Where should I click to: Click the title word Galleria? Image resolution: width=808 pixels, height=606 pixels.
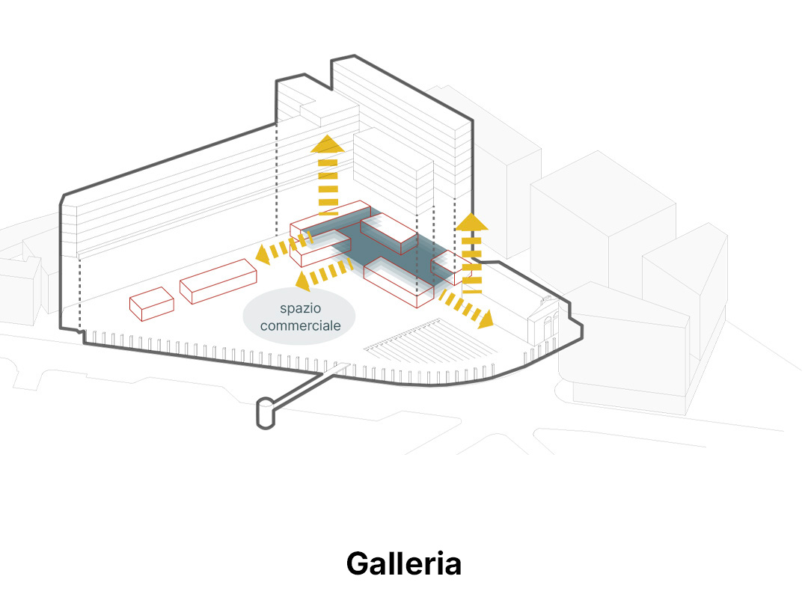point(403,563)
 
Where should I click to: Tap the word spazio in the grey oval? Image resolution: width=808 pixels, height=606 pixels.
point(301,309)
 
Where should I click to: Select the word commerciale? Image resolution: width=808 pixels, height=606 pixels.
point(301,325)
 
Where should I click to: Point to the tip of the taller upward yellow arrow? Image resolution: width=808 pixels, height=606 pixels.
point(328,135)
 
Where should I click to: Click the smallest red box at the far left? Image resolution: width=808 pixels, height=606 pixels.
point(151,304)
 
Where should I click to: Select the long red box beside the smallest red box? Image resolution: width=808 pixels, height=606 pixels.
point(218,281)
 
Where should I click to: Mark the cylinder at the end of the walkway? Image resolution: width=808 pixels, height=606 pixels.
point(266,413)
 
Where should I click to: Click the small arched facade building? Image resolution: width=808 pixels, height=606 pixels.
point(543,320)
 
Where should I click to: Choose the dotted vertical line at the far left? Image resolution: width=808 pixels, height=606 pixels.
point(80,291)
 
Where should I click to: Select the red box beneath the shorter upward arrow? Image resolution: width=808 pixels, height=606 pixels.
point(450,268)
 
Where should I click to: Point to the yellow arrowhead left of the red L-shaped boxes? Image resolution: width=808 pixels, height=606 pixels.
point(263,254)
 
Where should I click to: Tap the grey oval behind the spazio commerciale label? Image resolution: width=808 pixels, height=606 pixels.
point(299,316)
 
